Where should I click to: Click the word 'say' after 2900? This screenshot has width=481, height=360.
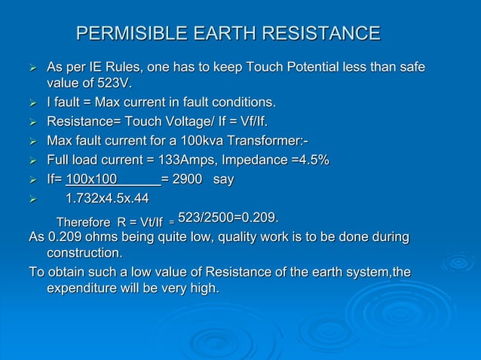(224, 180)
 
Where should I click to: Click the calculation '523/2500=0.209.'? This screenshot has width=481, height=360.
(228, 218)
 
